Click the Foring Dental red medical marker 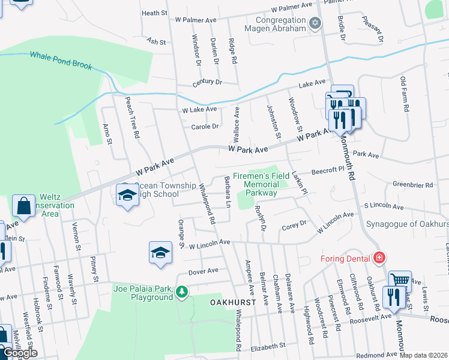pos(379,258)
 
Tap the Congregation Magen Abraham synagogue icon pos(315,23)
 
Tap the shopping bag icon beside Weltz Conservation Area pos(23,206)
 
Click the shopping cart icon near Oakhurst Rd pos(399,280)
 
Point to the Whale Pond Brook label pos(61,60)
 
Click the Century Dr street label pos(207,82)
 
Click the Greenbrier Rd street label pos(414,185)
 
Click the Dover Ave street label pos(203,271)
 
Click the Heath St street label pos(154,13)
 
